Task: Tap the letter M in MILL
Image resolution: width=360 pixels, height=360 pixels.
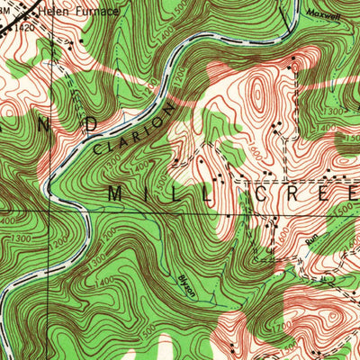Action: (x=119, y=193)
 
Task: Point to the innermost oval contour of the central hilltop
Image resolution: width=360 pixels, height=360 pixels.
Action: (x=258, y=94)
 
